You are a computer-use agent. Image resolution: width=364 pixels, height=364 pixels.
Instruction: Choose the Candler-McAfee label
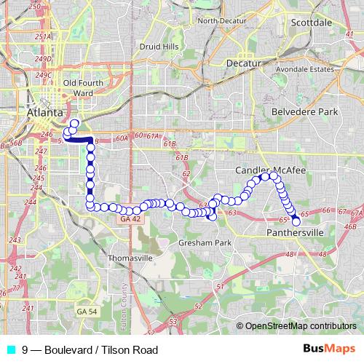[x=269, y=170]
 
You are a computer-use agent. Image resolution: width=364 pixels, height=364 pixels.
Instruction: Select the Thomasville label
[x=130, y=258]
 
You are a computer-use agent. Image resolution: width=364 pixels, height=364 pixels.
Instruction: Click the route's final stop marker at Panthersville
[x=296, y=221]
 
